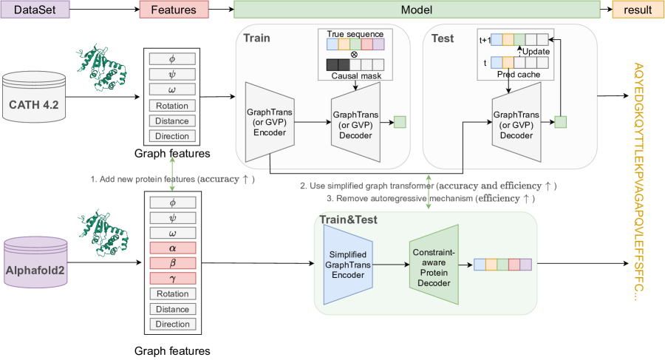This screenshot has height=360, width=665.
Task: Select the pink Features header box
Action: [174, 10]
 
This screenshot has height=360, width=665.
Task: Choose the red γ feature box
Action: [172, 279]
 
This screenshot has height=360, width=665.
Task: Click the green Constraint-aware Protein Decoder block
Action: [434, 263]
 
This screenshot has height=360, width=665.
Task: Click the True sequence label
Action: [355, 34]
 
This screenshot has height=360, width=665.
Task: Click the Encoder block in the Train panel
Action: [268, 120]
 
